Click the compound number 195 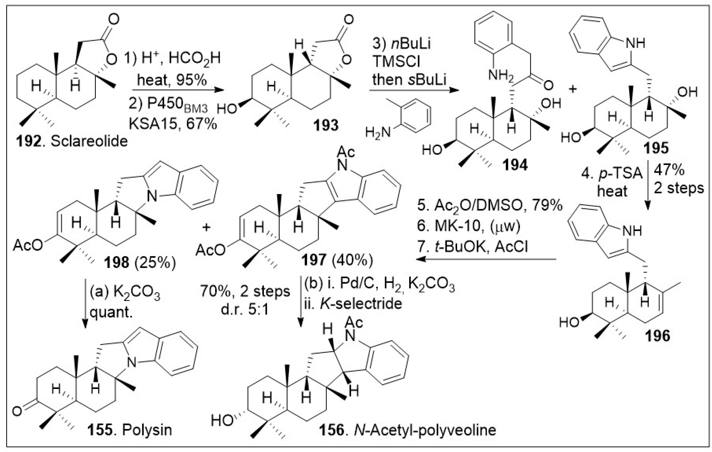coord(656,148)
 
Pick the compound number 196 coord(658,336)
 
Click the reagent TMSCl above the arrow coord(396,62)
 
